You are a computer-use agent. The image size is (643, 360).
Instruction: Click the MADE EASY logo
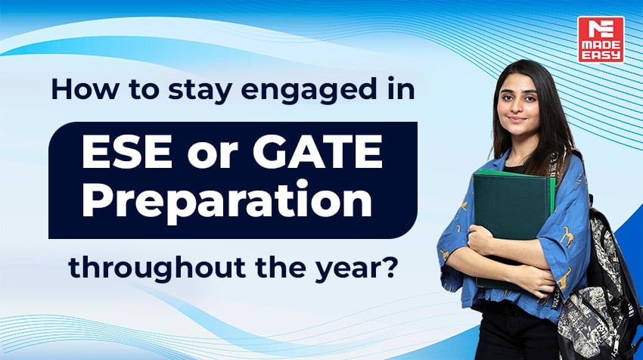coord(601,39)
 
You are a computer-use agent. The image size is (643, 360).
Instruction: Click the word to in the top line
coord(126,90)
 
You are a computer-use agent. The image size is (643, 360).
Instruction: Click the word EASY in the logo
coord(601,54)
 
